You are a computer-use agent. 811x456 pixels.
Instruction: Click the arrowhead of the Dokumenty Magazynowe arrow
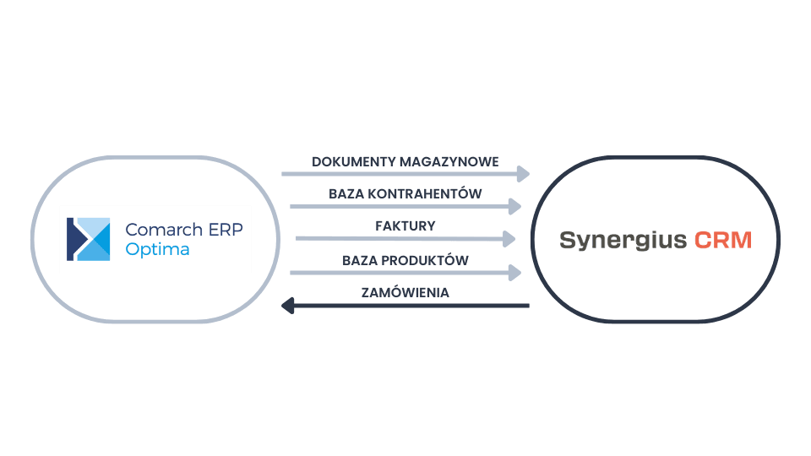click(523, 174)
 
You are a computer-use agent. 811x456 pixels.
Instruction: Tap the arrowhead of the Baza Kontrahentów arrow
click(514, 206)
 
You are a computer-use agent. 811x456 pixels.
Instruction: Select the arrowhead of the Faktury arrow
click(509, 239)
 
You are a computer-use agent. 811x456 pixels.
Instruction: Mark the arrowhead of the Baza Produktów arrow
click(514, 272)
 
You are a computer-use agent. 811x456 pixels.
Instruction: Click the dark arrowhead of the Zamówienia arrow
click(288, 305)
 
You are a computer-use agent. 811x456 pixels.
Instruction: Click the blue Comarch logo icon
click(89, 239)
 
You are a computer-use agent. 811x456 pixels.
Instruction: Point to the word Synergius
click(623, 240)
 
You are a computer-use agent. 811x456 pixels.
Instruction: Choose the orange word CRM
click(723, 240)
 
